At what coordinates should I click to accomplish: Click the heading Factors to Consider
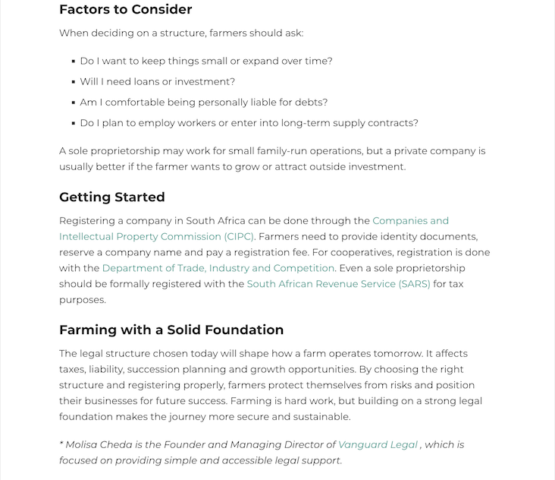tap(125, 10)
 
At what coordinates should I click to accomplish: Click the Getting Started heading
tap(111, 197)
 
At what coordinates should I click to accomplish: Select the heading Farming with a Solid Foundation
tap(171, 330)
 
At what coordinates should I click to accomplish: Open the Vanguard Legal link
tap(378, 445)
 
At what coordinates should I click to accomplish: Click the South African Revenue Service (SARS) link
tap(338, 284)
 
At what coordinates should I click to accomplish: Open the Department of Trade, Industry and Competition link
tap(218, 268)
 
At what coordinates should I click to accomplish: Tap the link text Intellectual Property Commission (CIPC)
tap(157, 237)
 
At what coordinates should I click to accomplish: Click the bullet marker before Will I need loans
tap(73, 82)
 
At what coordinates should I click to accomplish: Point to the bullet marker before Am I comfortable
tap(73, 103)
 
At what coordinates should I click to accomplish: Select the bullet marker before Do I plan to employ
tap(73, 123)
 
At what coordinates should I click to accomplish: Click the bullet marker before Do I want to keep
tap(73, 62)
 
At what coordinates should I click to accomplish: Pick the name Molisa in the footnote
tap(83, 445)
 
